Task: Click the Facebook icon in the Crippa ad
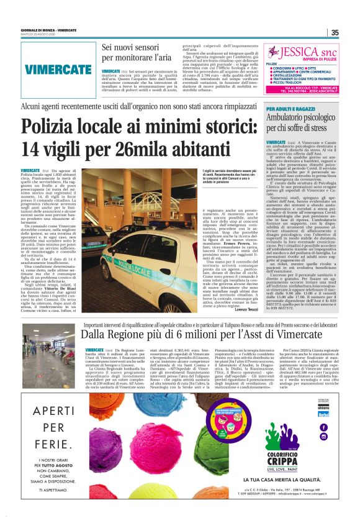tap(323, 427)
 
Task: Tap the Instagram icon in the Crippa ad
tap(323, 436)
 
